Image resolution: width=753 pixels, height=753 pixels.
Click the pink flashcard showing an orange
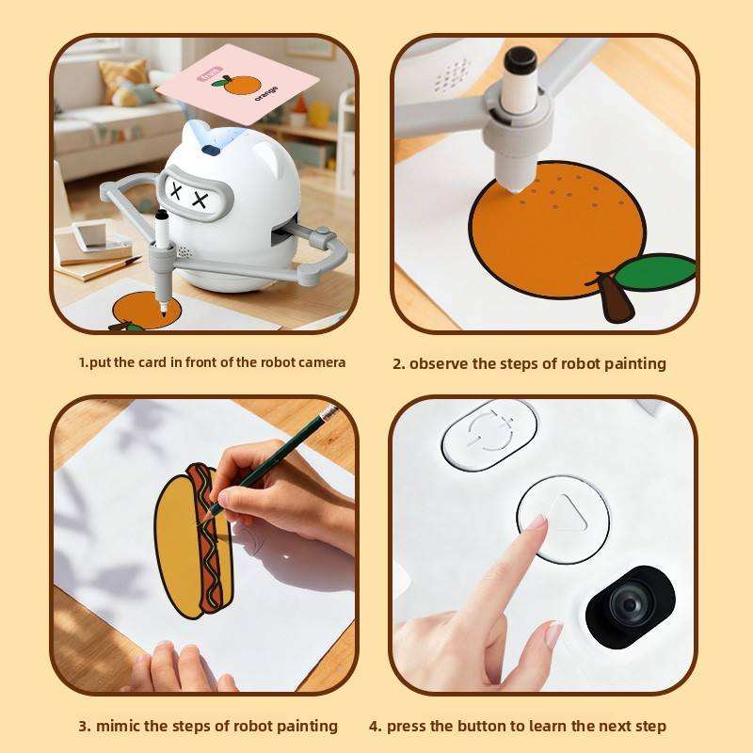(x=238, y=84)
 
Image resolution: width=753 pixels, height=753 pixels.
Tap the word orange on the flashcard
(x=266, y=92)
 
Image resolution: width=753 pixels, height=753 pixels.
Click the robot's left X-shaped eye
(x=177, y=191)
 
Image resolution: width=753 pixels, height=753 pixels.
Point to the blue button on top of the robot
(x=211, y=151)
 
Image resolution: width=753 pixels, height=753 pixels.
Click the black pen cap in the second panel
(x=521, y=61)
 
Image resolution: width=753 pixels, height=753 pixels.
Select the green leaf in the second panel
(x=655, y=272)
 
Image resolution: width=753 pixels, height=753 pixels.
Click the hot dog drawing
(x=195, y=541)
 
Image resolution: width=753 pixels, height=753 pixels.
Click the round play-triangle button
(x=563, y=520)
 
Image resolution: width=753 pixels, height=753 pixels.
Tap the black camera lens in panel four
(x=630, y=606)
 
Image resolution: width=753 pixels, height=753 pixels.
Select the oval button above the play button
(x=489, y=435)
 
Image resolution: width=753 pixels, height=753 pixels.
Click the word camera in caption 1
(x=322, y=362)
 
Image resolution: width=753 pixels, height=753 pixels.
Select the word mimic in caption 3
(x=119, y=726)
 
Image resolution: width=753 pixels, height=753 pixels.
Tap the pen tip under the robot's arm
(x=163, y=312)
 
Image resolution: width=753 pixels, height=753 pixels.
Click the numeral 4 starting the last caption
(x=374, y=726)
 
